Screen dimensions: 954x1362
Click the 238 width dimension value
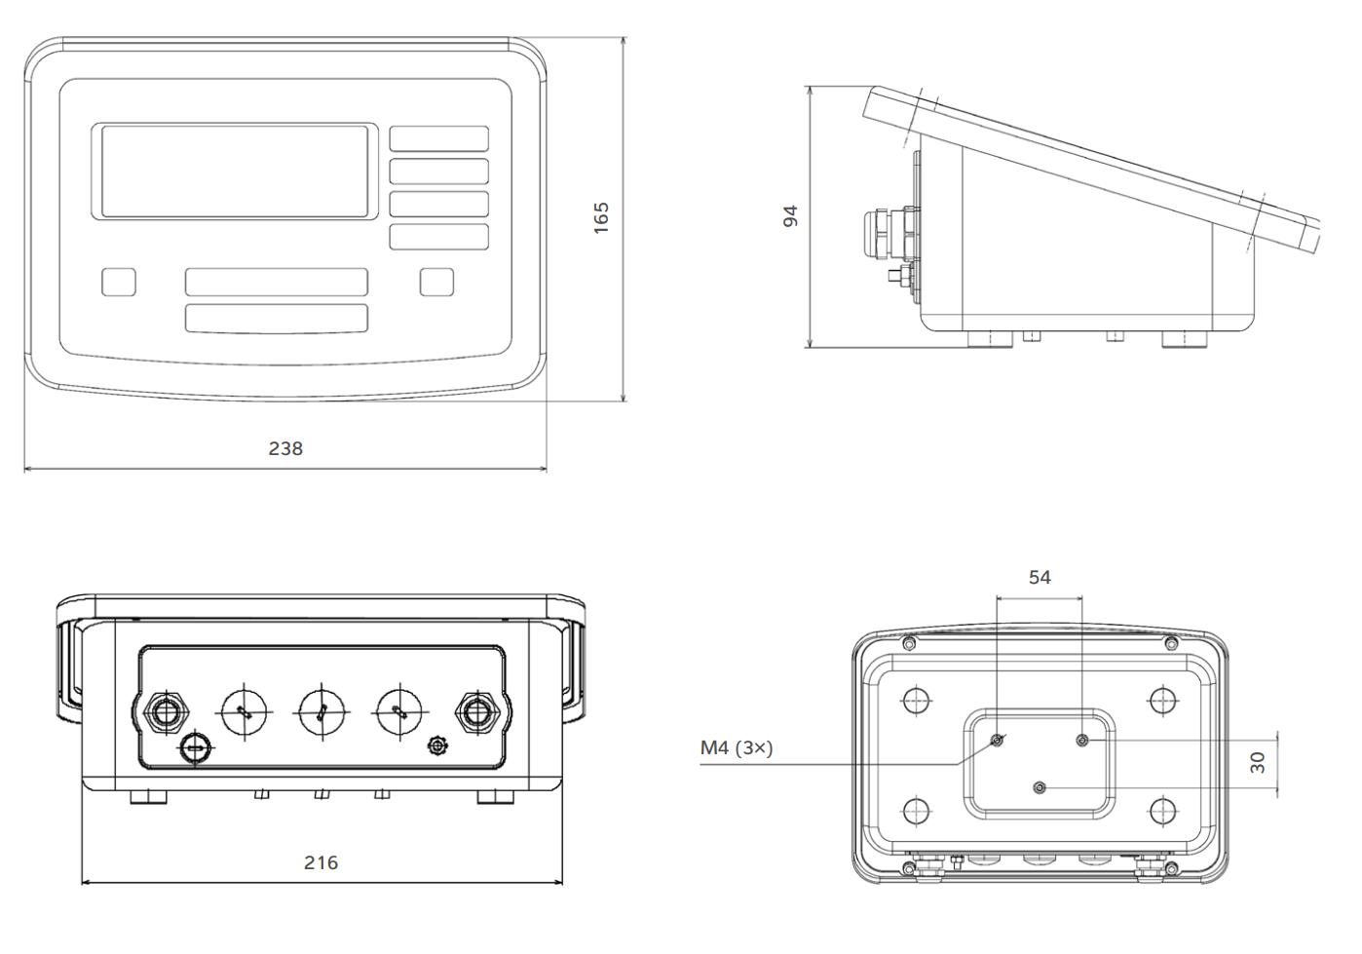tap(285, 448)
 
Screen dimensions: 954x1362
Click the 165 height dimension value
tap(601, 215)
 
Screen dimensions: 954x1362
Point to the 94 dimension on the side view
tap(791, 215)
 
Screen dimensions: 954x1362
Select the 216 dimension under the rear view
tap(321, 862)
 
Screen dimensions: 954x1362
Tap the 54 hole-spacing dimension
tap(1040, 577)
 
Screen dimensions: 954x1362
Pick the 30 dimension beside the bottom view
tap(1258, 762)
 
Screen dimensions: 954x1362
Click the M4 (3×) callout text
tap(737, 748)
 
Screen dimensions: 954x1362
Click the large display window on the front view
tap(235, 172)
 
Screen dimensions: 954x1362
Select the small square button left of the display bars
tap(119, 282)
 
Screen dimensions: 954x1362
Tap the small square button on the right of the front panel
tap(436, 282)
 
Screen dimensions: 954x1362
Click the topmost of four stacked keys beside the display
tap(439, 138)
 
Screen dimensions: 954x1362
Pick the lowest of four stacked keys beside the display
tap(439, 237)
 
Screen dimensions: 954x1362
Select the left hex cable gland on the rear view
tap(165, 711)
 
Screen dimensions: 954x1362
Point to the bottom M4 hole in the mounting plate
tap(1040, 786)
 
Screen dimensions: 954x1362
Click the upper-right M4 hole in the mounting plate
tap(1082, 741)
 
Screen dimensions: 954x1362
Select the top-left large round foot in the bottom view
tap(915, 700)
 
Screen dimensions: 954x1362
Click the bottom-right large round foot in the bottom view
tap(1163, 810)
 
